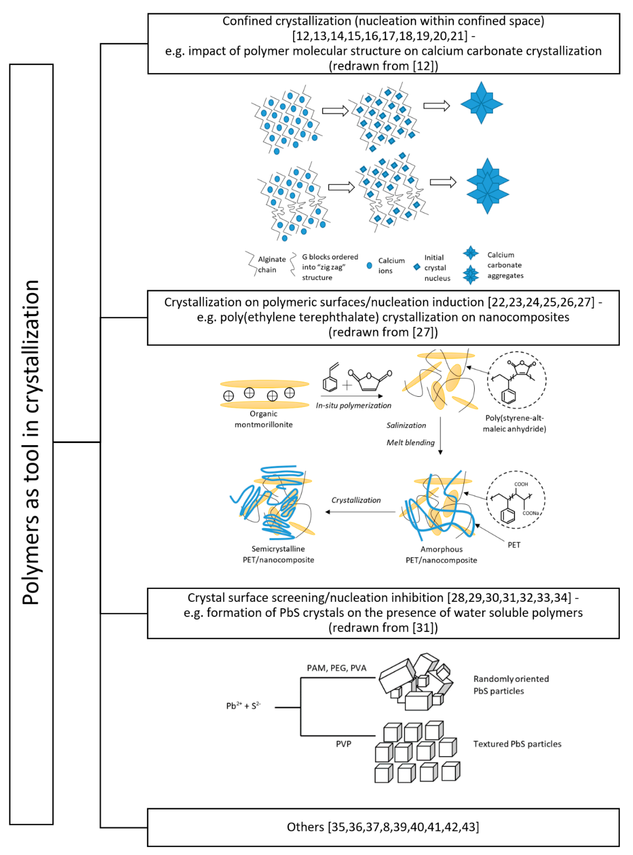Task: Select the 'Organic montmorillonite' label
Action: pos(264,419)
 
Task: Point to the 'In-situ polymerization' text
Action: pos(353,405)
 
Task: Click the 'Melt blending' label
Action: pos(410,443)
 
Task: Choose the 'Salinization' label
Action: pos(406,425)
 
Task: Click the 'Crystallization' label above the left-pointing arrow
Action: pos(356,500)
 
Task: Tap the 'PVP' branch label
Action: pos(343,744)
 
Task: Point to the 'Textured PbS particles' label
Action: pos(517,744)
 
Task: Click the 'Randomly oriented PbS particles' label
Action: pos(511,684)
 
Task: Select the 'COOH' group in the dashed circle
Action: pos(521,484)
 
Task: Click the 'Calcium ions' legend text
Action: pos(391,265)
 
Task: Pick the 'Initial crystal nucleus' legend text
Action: pos(437,268)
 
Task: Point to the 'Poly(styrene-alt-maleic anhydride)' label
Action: pos(514,423)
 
